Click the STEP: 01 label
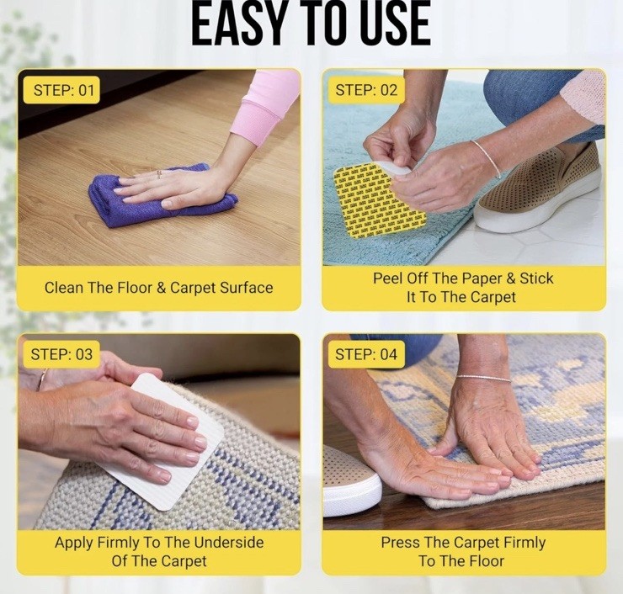[x=61, y=90]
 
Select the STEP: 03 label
[x=61, y=354]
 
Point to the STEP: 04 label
[x=366, y=354]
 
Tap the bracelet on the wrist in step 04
[x=483, y=378]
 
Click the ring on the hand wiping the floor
[x=159, y=174]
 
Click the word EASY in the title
[x=237, y=24]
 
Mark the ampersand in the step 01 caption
[x=162, y=288]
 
